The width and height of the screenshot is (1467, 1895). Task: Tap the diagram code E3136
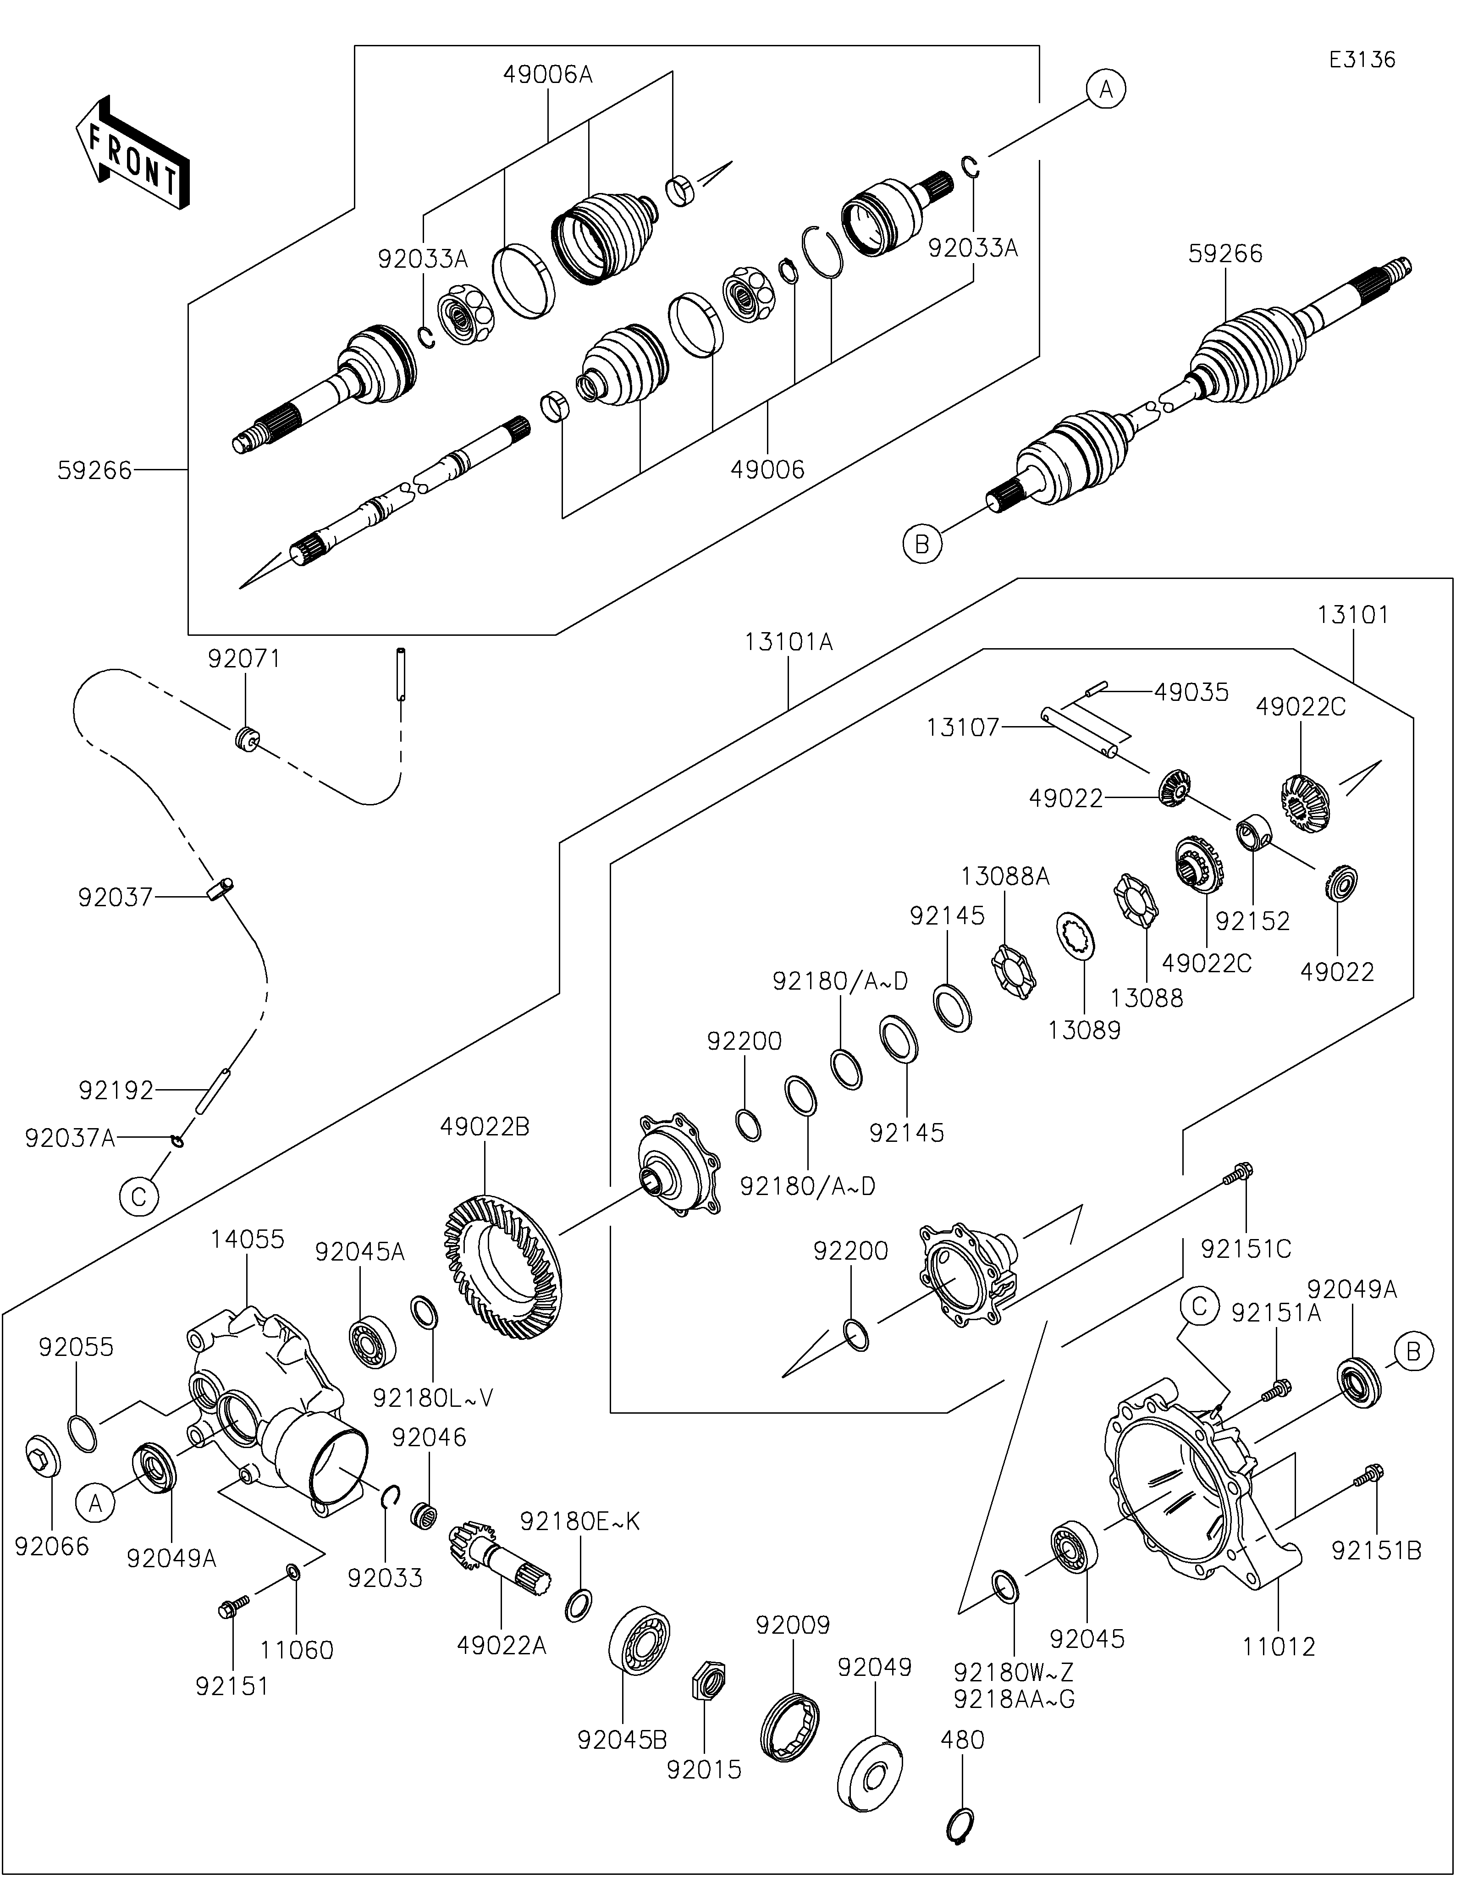[1362, 60]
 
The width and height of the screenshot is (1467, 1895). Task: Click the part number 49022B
[484, 1127]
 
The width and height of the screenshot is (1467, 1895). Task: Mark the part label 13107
[963, 727]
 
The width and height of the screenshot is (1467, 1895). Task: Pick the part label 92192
[116, 1090]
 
